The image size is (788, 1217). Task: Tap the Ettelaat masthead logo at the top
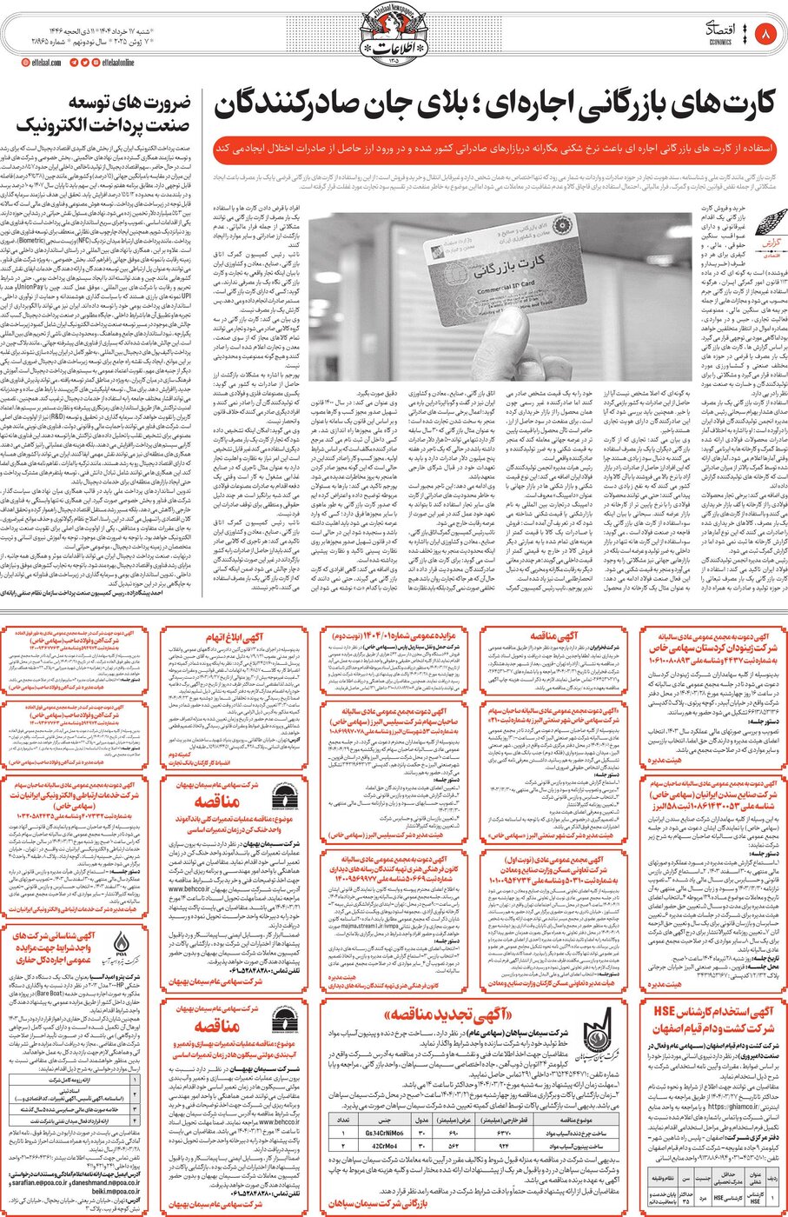click(x=393, y=32)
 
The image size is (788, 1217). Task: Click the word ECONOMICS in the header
click(x=720, y=41)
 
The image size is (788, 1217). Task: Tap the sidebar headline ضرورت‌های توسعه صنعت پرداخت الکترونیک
click(x=102, y=114)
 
